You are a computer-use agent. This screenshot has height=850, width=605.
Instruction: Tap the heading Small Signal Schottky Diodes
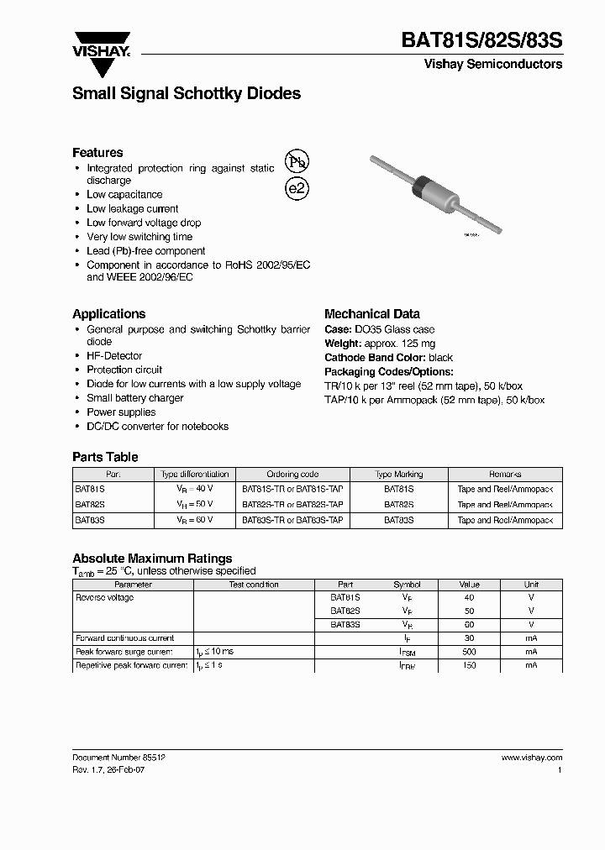coord(187,94)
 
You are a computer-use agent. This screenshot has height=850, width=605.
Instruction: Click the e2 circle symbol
coord(297,188)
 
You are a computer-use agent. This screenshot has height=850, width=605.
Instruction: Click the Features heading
coord(97,152)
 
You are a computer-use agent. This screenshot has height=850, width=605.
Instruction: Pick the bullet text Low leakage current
coord(133,208)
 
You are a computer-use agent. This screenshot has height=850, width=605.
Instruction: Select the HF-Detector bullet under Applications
coord(114,356)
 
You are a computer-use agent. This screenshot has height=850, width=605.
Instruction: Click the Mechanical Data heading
coord(372,314)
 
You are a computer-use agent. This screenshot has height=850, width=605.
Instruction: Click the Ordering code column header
coord(292,475)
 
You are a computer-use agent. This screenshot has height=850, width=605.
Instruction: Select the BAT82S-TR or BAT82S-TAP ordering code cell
coord(292,505)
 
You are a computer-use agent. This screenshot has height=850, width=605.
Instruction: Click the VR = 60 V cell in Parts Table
coord(194,521)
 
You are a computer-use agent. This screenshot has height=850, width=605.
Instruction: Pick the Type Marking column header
coord(398,475)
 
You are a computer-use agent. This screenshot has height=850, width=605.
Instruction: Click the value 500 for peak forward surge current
coord(469,652)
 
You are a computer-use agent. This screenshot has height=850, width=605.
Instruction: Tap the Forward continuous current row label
coord(125,638)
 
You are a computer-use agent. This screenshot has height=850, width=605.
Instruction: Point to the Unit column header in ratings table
coord(531,585)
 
